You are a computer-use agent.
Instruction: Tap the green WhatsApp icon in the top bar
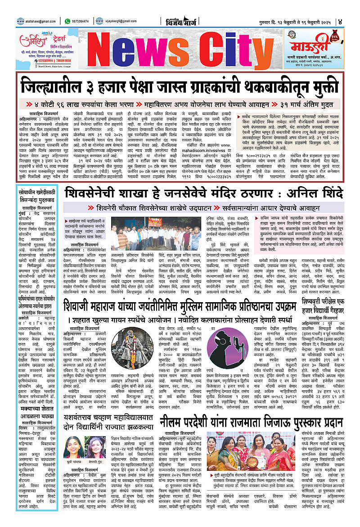(x=67, y=21)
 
